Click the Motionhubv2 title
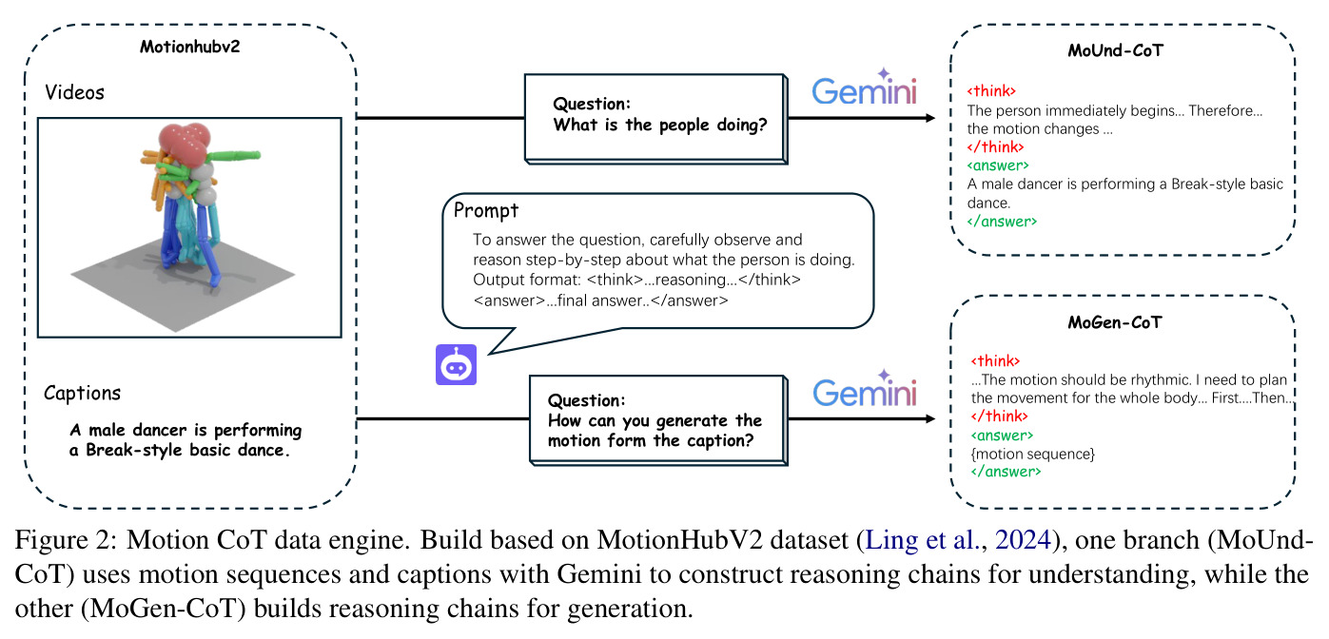(x=190, y=47)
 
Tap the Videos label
(x=74, y=92)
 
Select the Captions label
(x=82, y=393)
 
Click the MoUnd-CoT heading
(x=1115, y=51)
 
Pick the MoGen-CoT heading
(x=1115, y=322)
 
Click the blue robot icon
(x=457, y=364)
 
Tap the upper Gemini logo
(x=865, y=87)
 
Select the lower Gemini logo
(x=865, y=390)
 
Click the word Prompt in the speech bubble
(x=486, y=211)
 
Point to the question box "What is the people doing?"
(x=656, y=119)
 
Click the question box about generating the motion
(x=658, y=420)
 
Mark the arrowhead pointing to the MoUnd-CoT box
(x=930, y=118)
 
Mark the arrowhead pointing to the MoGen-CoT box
(x=930, y=419)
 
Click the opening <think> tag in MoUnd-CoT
(x=991, y=91)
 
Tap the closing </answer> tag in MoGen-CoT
(x=1006, y=472)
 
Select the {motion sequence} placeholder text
(x=1033, y=455)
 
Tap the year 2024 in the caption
(x=1023, y=540)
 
